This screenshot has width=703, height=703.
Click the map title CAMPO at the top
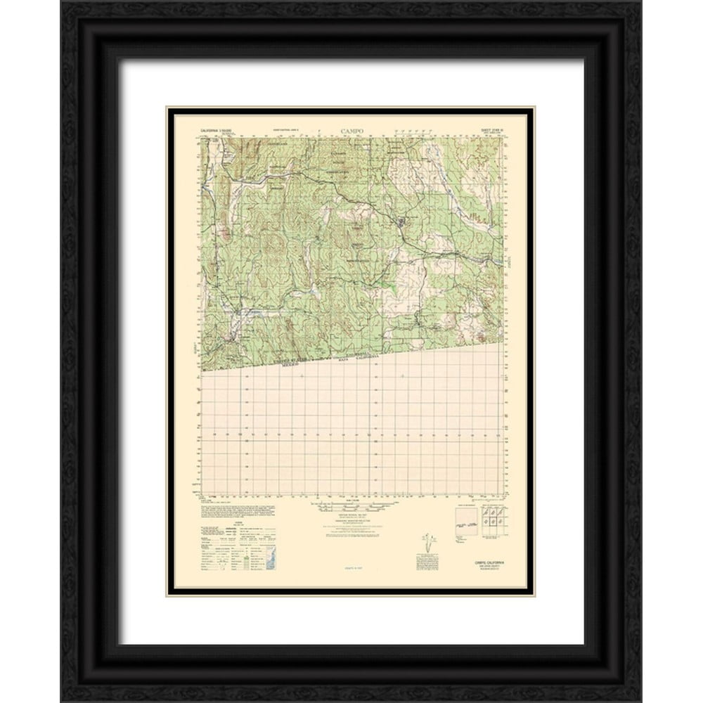(x=352, y=130)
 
